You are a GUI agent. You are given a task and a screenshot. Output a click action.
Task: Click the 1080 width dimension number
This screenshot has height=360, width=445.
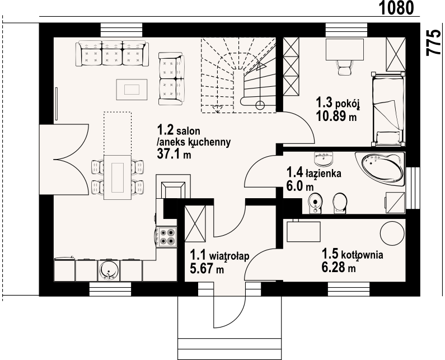point(397,8)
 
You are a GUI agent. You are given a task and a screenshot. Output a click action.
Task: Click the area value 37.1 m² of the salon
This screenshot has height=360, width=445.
point(174,153)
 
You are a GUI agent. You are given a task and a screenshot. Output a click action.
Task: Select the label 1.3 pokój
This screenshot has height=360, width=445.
point(338,103)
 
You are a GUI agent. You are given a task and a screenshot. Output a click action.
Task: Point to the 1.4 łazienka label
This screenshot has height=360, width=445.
point(314,173)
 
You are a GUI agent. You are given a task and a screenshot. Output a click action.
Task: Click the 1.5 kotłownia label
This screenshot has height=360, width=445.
point(352,254)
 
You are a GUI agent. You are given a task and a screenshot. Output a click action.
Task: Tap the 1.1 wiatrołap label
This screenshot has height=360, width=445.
point(219,255)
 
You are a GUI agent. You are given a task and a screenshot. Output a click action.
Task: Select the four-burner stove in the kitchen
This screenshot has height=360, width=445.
point(167,237)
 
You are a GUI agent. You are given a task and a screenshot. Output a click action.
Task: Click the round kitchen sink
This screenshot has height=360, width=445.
point(109,270)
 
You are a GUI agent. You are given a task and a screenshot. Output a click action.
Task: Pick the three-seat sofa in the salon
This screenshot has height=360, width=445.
point(113,53)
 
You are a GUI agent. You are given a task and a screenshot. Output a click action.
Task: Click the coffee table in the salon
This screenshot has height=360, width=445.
point(132,90)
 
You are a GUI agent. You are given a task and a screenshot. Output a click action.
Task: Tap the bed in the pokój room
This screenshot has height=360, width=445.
point(388,109)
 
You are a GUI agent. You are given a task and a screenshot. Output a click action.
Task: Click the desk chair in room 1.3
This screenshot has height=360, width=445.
point(344,67)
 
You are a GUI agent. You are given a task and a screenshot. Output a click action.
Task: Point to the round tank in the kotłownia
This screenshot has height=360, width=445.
point(392,232)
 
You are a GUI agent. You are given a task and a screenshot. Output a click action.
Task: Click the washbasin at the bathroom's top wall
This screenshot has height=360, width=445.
point(324,158)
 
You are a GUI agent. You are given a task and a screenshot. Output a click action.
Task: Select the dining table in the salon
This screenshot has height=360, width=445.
point(118,177)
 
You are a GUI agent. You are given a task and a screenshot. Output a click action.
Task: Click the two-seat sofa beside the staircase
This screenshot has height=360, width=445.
point(171,78)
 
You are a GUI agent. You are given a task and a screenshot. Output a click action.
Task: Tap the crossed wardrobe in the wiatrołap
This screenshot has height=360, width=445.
point(195,223)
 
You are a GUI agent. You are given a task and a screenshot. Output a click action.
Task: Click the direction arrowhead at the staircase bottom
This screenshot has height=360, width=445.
point(217,109)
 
